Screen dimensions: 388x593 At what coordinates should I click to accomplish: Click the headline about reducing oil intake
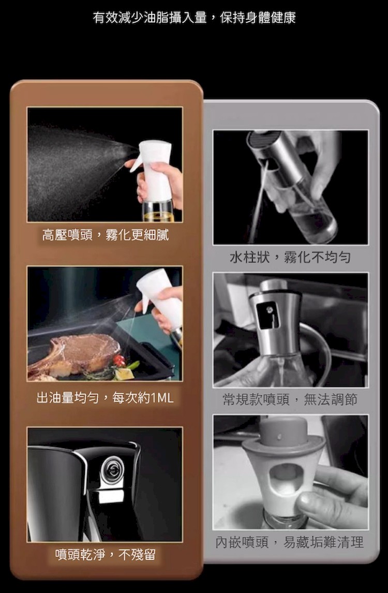tap(194, 18)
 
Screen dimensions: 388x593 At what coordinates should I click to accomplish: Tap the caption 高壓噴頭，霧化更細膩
tap(105, 235)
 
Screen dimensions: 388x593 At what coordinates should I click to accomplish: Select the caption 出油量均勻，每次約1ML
tap(105, 397)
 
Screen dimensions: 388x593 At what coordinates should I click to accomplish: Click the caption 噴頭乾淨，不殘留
tap(105, 554)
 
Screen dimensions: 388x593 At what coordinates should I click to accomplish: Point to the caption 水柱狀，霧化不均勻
tap(290, 257)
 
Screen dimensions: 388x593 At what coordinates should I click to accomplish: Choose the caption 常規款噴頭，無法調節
tap(290, 399)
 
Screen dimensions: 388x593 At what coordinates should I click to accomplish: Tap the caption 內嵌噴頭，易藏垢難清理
tap(290, 542)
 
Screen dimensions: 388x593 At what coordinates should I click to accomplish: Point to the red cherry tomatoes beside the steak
tap(120, 361)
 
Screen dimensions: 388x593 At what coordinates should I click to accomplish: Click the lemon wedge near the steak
tap(123, 374)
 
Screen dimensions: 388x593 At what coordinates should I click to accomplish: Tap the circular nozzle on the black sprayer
tap(112, 468)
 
